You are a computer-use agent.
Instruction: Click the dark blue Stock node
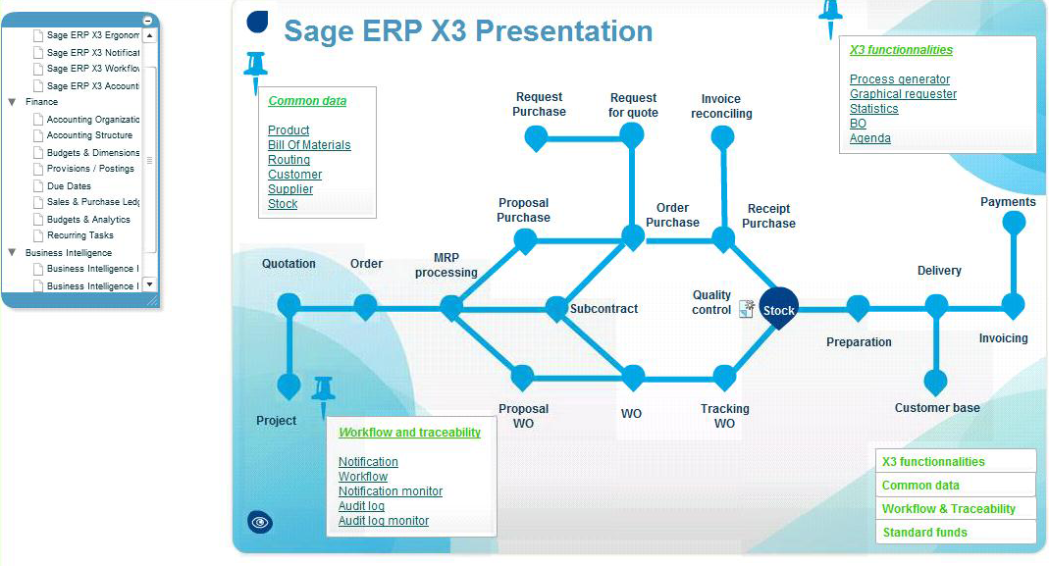click(x=779, y=309)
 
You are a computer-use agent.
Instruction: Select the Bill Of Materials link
click(x=309, y=145)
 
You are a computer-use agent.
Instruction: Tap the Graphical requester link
click(x=903, y=94)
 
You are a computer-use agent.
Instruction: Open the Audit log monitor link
click(x=384, y=521)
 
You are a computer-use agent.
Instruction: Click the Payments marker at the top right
click(x=1014, y=224)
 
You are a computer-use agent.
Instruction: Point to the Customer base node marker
click(x=936, y=382)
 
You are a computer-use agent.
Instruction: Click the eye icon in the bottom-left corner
click(x=260, y=523)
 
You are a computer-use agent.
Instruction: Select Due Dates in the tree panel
click(x=69, y=186)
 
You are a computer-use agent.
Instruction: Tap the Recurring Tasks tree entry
click(x=80, y=235)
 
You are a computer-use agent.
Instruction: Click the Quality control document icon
click(x=747, y=309)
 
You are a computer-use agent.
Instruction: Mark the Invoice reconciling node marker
click(x=722, y=137)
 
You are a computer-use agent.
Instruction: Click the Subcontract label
click(x=603, y=309)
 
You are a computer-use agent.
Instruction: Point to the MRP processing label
click(x=446, y=265)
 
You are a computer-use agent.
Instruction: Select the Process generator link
click(x=900, y=79)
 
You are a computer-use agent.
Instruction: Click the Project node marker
click(x=288, y=386)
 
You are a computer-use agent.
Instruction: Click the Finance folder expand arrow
click(x=12, y=102)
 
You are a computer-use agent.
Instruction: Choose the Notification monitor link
click(x=391, y=491)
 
